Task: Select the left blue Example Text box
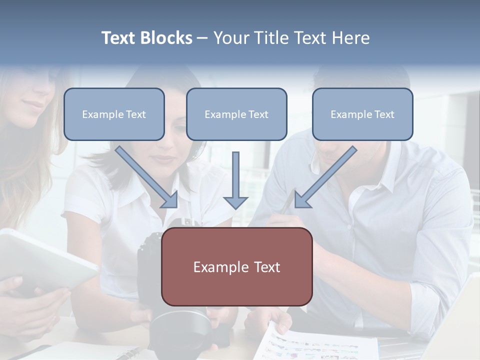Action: pos(114,114)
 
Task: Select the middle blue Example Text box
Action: pos(236,114)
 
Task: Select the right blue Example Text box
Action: pos(362,114)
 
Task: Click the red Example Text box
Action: pos(236,267)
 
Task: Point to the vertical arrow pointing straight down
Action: pos(235,180)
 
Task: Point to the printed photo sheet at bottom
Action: pos(320,345)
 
